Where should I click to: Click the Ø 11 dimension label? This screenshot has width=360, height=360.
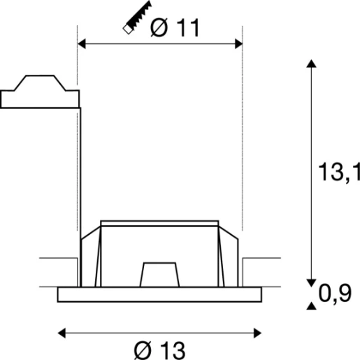[x=175, y=27]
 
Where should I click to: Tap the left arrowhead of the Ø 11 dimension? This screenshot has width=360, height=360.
[x=80, y=44]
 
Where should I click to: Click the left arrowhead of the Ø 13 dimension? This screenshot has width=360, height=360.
[x=62, y=330]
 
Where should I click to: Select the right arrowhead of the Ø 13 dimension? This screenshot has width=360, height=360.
[x=257, y=330]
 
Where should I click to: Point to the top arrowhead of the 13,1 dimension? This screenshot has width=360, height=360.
[x=310, y=64]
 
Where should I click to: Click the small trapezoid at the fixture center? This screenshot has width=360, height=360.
[x=158, y=273]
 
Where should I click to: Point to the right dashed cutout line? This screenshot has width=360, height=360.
[x=241, y=140]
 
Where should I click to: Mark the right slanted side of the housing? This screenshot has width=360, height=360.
[x=230, y=259]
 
